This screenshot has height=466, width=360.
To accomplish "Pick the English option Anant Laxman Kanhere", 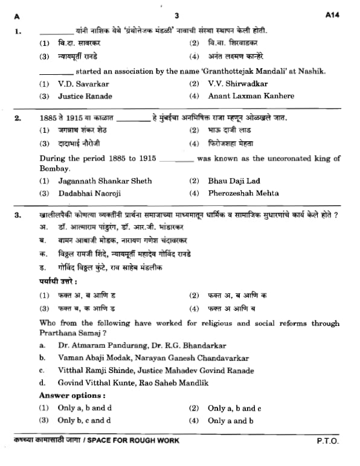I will click(251, 95).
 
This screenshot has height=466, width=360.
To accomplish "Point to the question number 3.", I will click(18, 215).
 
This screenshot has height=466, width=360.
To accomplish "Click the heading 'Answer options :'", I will click(72, 395).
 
